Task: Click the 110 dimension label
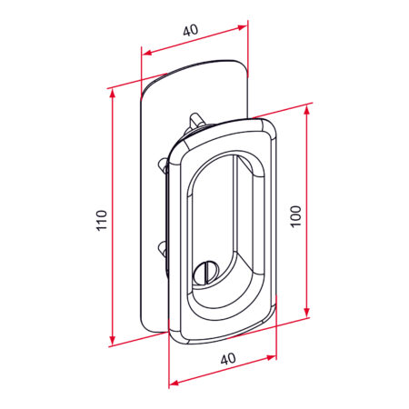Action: pos(102,220)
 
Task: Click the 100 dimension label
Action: pos(296,216)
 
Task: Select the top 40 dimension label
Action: pos(191,30)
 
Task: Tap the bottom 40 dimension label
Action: pos(228,359)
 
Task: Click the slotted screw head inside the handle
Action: pos(206,274)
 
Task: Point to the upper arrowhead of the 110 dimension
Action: pos(113,94)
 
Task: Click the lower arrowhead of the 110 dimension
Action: pos(113,340)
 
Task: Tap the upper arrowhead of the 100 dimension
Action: pos(307,110)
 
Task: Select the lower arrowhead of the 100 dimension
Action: pos(307,312)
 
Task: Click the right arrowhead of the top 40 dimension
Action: pos(243,27)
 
